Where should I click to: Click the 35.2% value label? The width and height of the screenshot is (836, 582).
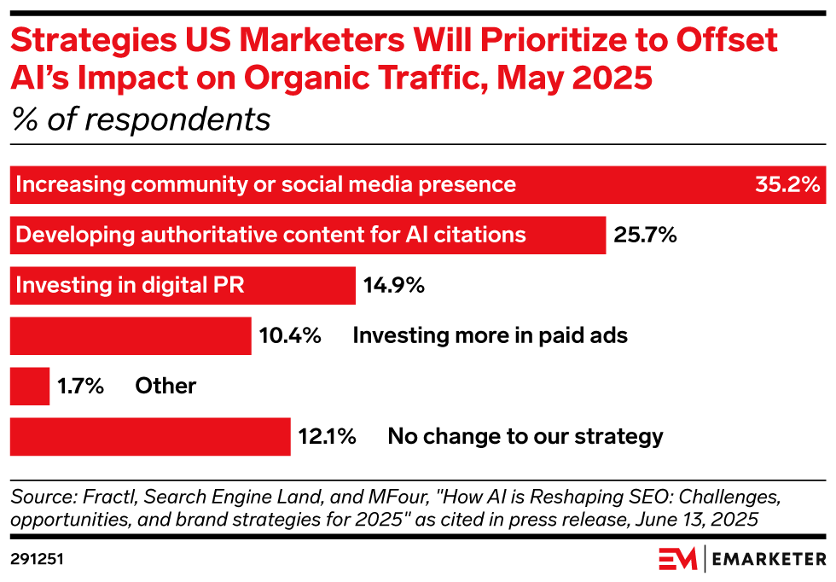pyautogui.click(x=787, y=184)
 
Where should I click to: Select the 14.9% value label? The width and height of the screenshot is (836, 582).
pyautogui.click(x=393, y=285)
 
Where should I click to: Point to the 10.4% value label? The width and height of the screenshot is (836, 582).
pyautogui.click(x=290, y=335)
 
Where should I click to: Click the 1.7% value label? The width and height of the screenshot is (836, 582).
pyautogui.click(x=80, y=386)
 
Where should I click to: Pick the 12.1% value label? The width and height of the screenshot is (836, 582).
pyautogui.click(x=327, y=437)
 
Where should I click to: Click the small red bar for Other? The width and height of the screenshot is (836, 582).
pyautogui.click(x=30, y=386)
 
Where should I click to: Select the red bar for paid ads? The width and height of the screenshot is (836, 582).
pyautogui.click(x=131, y=335)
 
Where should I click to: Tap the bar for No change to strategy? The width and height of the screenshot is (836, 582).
pyautogui.click(x=150, y=437)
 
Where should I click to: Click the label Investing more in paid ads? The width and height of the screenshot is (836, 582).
pyautogui.click(x=490, y=335)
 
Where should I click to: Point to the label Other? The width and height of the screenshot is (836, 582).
pyautogui.click(x=165, y=386)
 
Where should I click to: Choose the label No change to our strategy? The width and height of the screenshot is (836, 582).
pyautogui.click(x=525, y=437)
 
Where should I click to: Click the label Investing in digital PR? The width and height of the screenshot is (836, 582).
pyautogui.click(x=130, y=285)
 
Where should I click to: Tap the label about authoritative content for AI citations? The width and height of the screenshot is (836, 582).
pyautogui.click(x=271, y=235)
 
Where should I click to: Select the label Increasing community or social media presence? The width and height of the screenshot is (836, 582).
pyautogui.click(x=266, y=184)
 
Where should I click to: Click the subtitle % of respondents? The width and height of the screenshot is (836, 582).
pyautogui.click(x=140, y=119)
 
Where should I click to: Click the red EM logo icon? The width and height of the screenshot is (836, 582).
pyautogui.click(x=677, y=560)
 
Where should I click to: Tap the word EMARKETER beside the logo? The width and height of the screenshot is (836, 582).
pyautogui.click(x=769, y=560)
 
